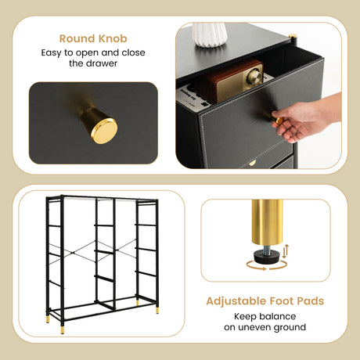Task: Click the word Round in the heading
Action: tap(77, 38)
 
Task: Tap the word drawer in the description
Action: tap(102, 63)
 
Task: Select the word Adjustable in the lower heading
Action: tap(236, 301)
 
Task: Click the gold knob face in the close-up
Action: tap(104, 131)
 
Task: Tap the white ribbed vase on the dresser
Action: tap(209, 34)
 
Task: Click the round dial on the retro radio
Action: tap(254, 77)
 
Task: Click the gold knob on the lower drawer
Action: tap(252, 163)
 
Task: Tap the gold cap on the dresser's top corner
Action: tap(293, 36)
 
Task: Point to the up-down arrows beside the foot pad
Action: tap(286, 251)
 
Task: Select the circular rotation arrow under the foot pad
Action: tap(266, 268)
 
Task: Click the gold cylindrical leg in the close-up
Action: tap(267, 222)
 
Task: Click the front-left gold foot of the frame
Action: tap(63, 329)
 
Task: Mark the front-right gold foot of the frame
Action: tap(157, 310)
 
